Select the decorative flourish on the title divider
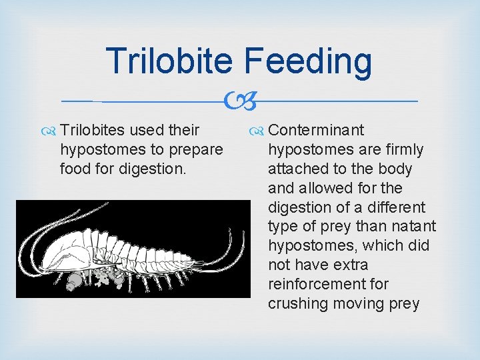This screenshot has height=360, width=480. pyautogui.click(x=239, y=101)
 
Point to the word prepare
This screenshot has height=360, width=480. pyautogui.click(x=197, y=150)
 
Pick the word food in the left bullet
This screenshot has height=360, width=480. pyautogui.click(x=75, y=169)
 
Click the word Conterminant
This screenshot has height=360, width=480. pyautogui.click(x=316, y=131)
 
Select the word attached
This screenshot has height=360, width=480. pyautogui.click(x=297, y=169)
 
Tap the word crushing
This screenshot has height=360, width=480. pyautogui.click(x=298, y=304)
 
